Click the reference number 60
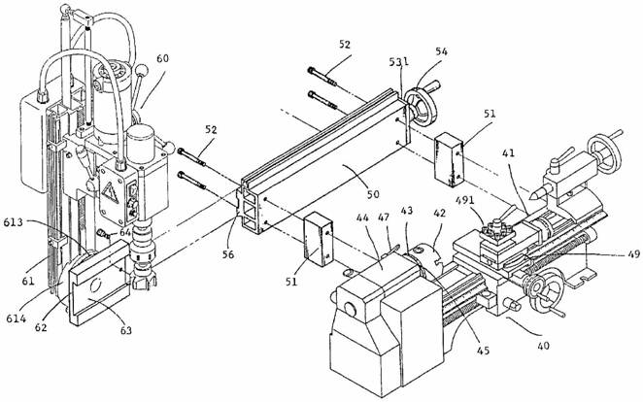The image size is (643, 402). (x=162, y=58)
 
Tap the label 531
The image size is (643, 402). (x=398, y=62)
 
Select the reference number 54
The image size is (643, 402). (x=441, y=51)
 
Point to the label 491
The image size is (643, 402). (x=465, y=201)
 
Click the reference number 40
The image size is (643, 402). (x=543, y=346)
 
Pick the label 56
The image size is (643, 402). (x=228, y=254)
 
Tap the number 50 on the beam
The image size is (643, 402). (x=372, y=193)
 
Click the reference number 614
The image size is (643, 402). (x=17, y=318)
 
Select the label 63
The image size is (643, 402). (x=125, y=329)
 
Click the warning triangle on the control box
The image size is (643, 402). (x=110, y=192)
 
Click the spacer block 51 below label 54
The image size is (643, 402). (x=449, y=159)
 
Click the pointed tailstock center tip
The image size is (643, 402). (x=531, y=196)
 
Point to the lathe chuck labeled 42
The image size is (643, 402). (x=425, y=255)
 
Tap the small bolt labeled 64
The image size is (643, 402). (x=103, y=234)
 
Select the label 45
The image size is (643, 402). (x=483, y=351)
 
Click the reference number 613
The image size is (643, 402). (x=14, y=223)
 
